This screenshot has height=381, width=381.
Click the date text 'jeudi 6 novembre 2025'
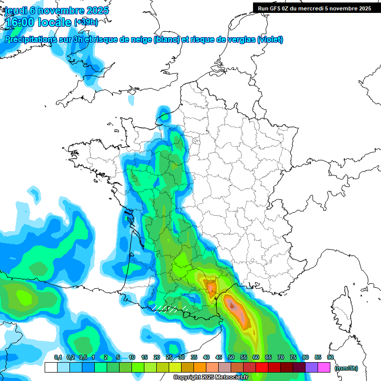57,10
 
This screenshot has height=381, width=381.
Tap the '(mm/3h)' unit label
346,368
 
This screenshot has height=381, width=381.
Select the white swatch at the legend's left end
51,368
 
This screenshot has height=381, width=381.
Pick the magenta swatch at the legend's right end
324,368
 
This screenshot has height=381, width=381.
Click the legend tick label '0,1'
58,358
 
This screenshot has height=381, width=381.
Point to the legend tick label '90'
330,358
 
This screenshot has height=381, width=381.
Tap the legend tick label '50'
231,358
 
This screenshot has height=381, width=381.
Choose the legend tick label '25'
169,358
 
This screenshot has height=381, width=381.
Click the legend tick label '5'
118,358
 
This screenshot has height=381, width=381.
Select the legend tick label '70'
281,358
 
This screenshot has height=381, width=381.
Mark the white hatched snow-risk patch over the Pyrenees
169,308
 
